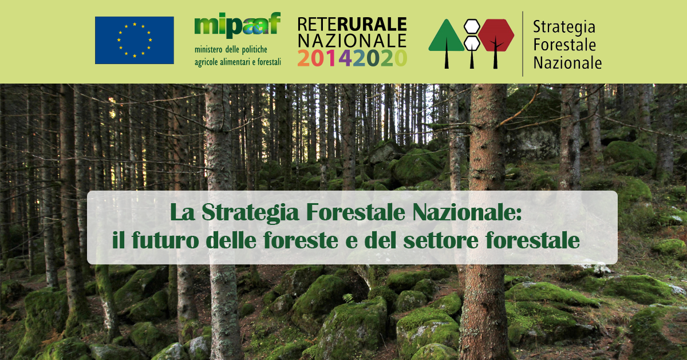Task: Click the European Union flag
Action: [135, 40]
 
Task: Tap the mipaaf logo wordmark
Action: [238, 25]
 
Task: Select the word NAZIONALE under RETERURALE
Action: [352, 41]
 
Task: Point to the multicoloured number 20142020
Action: [352, 58]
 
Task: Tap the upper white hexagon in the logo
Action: [472, 27]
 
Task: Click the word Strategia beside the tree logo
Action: [564, 27]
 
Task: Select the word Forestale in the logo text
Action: [564, 45]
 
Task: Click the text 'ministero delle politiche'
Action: [231, 50]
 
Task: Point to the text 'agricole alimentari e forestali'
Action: [238, 62]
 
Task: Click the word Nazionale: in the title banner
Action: [467, 212]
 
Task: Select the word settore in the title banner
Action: [441, 240]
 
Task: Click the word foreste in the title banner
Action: [301, 240]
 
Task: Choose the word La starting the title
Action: [183, 212]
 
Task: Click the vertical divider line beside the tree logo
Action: [523, 43]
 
